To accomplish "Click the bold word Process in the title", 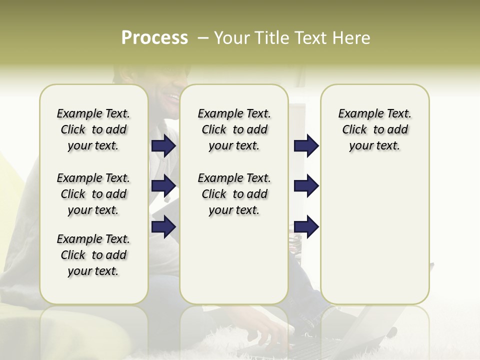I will [154, 38].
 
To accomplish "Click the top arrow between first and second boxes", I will [163, 145].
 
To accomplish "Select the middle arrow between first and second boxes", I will [163, 186].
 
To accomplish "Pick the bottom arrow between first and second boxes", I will [163, 226].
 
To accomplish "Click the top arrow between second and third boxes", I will [306, 145].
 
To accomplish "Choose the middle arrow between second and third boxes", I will [306, 186].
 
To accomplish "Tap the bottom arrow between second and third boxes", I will [306, 226].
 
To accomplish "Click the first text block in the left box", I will [93, 129].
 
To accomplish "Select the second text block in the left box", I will [93, 194].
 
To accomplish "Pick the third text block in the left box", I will [93, 255].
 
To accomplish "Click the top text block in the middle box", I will [234, 129].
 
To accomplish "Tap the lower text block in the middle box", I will [234, 194].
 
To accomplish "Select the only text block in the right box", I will [374, 129].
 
